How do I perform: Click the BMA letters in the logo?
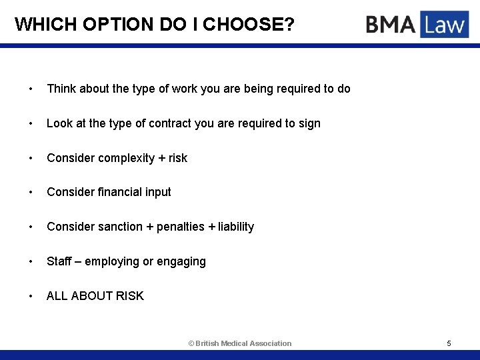[x=390, y=25]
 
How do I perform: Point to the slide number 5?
[x=449, y=343]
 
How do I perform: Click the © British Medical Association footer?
[x=240, y=343]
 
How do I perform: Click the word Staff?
[x=59, y=261]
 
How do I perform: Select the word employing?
[x=112, y=261]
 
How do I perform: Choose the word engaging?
[x=182, y=261]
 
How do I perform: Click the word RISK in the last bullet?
[x=130, y=296]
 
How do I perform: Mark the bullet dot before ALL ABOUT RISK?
[x=31, y=296]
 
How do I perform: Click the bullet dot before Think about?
[x=31, y=89]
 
